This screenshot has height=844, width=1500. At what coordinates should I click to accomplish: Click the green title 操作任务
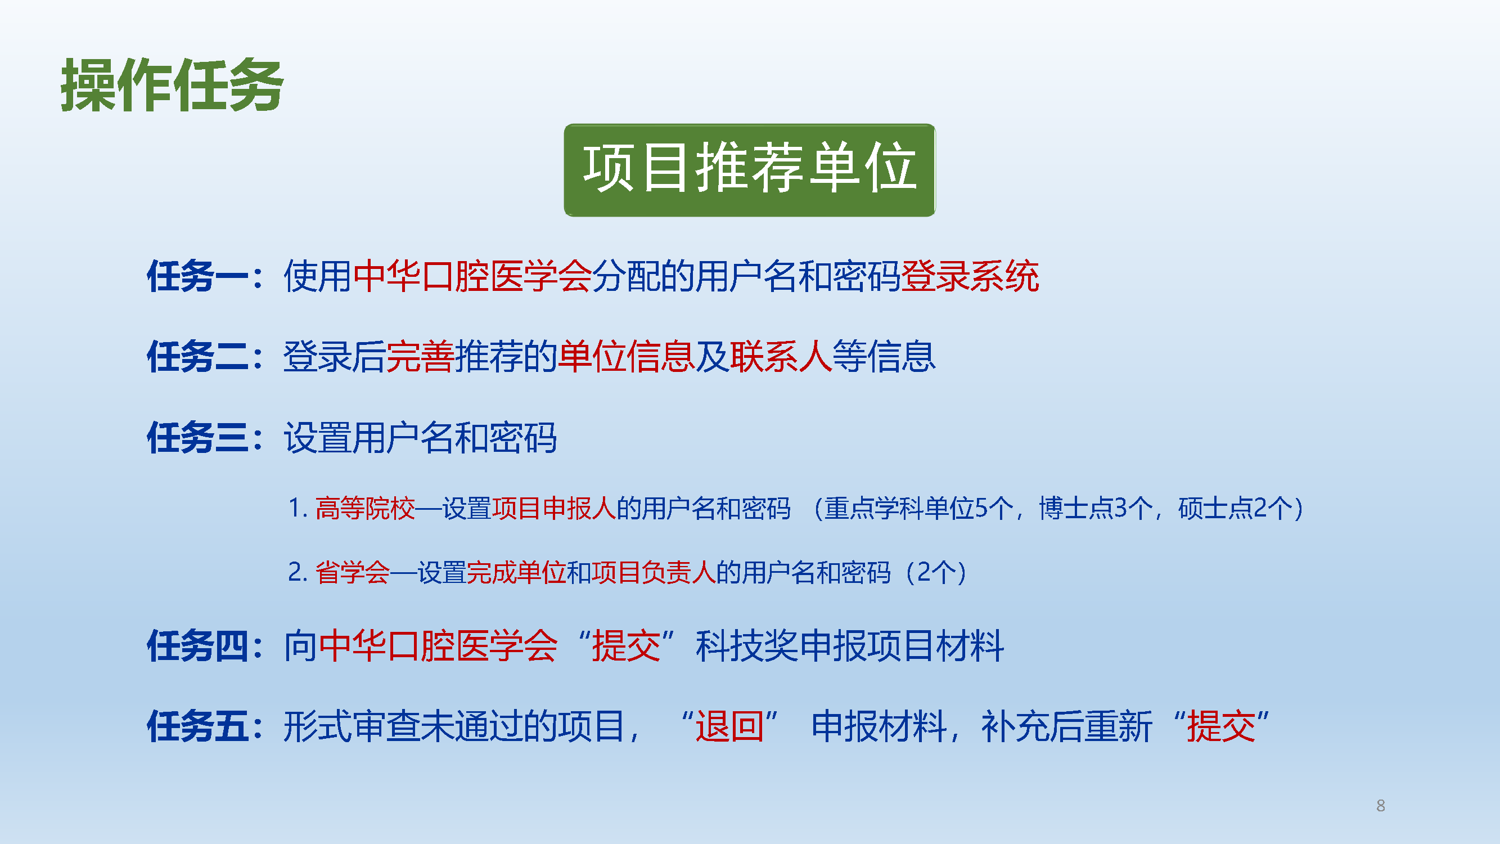coord(172,85)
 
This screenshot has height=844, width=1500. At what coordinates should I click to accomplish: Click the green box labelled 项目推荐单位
coord(749,170)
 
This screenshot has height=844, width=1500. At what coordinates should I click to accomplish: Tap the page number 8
coord(1381,806)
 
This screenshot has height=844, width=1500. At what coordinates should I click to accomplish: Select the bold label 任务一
coord(198,276)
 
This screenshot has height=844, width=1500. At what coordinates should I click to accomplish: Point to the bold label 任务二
coord(198,357)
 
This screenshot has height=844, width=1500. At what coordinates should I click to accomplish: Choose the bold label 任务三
coord(198,437)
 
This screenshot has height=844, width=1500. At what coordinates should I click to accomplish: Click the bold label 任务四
coord(198,645)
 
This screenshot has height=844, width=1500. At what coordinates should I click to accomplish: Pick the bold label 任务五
coord(198,726)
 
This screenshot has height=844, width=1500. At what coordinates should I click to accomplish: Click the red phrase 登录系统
coord(970,276)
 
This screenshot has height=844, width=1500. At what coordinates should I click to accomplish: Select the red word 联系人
coord(781,357)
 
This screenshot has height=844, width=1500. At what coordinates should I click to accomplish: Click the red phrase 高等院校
coord(365,508)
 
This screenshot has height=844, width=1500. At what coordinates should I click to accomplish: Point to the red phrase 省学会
coord(353,572)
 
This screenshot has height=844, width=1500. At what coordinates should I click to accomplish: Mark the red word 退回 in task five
coord(729,726)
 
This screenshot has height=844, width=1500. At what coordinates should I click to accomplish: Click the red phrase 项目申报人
coord(555,508)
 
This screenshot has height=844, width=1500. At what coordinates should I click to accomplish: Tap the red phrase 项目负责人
coord(654,572)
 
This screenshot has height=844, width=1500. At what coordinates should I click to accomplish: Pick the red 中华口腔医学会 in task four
coord(439,645)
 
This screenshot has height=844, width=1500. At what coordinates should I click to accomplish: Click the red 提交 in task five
coord(1221,726)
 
